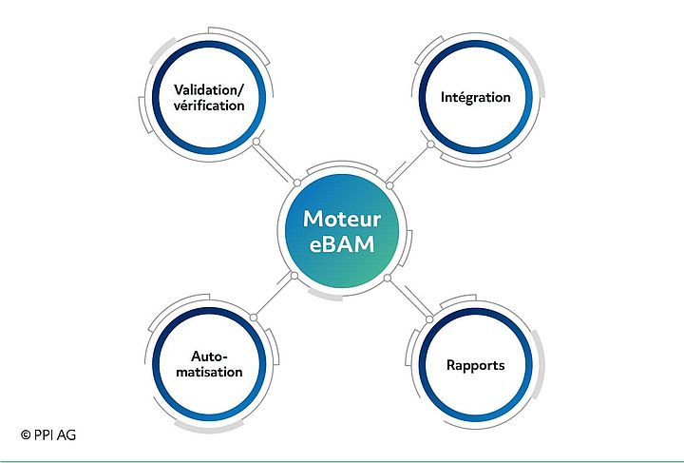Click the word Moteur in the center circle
(341, 219)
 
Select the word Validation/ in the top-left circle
(209, 89)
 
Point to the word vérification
(209, 106)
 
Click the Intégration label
(476, 97)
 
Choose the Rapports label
(476, 365)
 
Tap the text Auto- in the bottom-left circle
(209, 356)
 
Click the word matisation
(210, 372)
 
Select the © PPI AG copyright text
(47, 434)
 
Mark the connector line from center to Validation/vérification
(275, 163)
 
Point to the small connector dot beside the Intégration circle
(430, 145)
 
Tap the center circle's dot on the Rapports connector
(388, 278)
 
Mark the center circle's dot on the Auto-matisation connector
(294, 277)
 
